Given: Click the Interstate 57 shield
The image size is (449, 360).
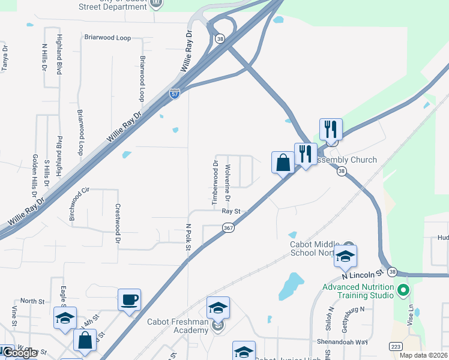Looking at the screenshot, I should [x=175, y=94].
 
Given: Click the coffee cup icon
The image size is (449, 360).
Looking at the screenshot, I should [x=129, y=299].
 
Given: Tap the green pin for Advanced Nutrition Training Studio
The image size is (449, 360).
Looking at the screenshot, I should [x=403, y=292].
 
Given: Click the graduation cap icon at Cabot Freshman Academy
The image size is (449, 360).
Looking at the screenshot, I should [x=217, y=308].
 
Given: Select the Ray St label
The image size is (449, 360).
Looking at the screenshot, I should [x=231, y=211].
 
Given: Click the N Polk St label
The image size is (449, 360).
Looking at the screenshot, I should [x=188, y=236].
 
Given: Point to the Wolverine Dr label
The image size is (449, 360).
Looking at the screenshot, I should [x=228, y=182].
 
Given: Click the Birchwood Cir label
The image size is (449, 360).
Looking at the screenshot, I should [x=79, y=204].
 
